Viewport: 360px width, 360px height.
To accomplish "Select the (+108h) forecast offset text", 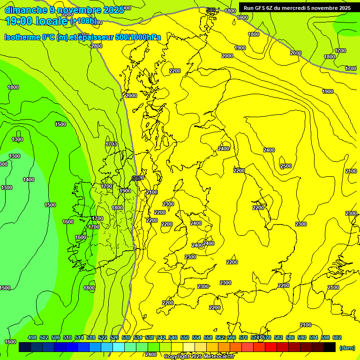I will [83, 21].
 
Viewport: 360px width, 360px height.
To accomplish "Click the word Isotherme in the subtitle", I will [22, 37].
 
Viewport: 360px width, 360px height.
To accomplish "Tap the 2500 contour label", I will [285, 166].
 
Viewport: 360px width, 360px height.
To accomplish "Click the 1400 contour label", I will [29, 180].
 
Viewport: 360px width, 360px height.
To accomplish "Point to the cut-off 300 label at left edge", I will [3, 164].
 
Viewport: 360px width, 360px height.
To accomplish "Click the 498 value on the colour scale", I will [32, 337].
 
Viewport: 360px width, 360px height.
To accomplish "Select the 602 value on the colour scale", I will [337, 337].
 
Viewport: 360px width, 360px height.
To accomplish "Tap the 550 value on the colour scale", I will [185, 337].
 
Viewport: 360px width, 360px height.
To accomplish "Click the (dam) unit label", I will [347, 348].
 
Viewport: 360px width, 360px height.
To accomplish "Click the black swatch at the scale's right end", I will [330, 347].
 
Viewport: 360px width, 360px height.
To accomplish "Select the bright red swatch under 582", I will [271, 347].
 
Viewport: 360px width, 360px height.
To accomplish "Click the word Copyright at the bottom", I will [177, 357].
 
